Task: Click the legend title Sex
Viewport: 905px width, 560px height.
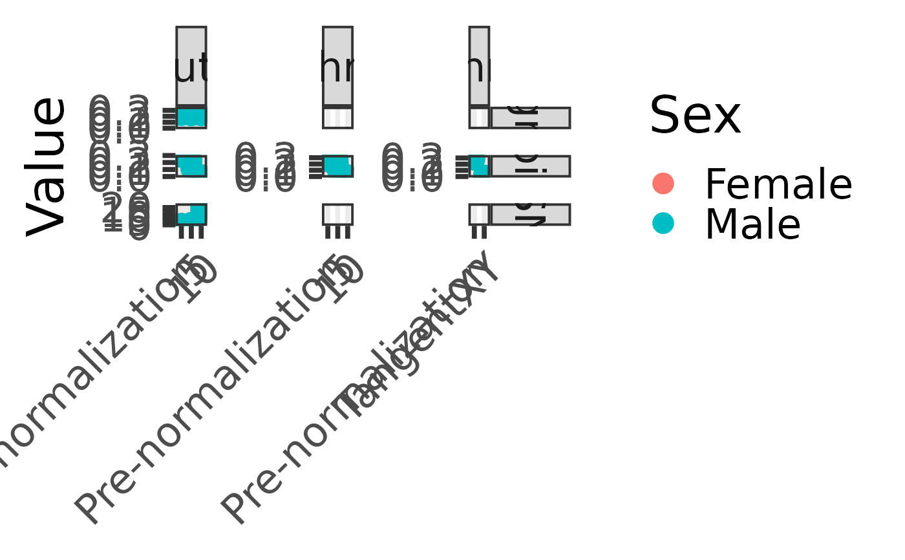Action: click(x=695, y=116)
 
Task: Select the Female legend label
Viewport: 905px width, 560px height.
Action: click(x=778, y=184)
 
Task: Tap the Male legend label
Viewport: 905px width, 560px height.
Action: click(x=752, y=224)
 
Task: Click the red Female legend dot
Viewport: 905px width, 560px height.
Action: click(x=663, y=184)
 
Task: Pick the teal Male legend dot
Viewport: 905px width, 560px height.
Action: click(x=663, y=224)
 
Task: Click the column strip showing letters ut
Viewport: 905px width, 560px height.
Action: click(x=191, y=65)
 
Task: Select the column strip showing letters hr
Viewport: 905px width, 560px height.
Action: click(x=337, y=65)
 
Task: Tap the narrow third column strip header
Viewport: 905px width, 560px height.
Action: click(x=479, y=65)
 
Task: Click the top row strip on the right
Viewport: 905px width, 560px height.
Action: click(x=530, y=118)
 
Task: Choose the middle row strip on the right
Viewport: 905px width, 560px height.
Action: click(x=530, y=166)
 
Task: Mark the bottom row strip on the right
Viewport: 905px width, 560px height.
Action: click(x=530, y=214)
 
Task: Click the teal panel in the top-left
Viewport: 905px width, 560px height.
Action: click(x=191, y=118)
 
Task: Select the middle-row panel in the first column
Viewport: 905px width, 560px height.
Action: click(x=191, y=166)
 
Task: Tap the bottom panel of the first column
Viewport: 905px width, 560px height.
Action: click(x=191, y=214)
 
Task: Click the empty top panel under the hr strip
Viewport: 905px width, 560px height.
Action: click(x=337, y=118)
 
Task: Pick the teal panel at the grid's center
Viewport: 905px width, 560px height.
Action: click(x=337, y=166)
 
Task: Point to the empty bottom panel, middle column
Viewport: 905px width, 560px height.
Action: click(x=337, y=214)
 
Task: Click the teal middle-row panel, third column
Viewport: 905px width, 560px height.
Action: click(x=479, y=166)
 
